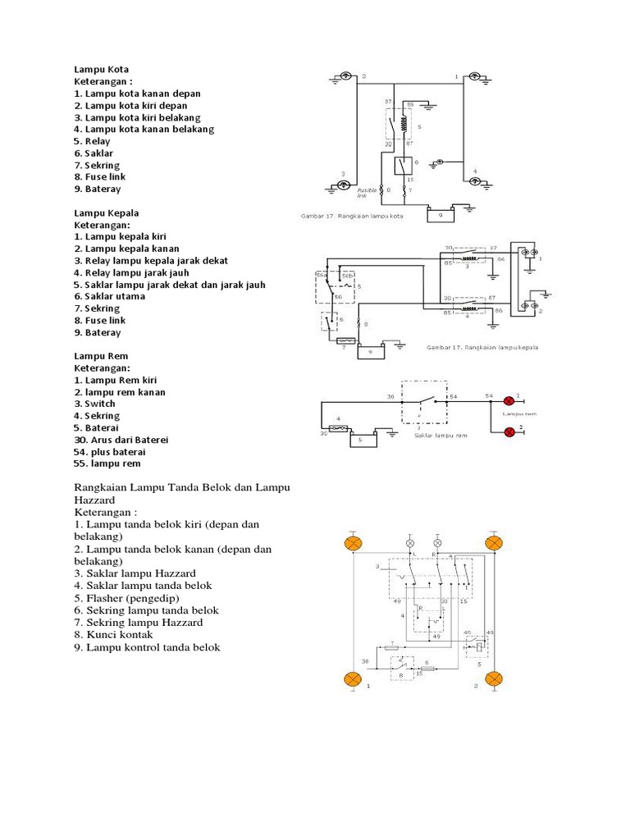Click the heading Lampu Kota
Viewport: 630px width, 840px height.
[102, 70]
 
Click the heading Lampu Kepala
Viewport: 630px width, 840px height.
[108, 212]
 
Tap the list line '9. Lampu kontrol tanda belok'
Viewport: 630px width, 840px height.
[147, 647]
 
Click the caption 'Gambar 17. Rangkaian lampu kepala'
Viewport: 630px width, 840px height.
[482, 347]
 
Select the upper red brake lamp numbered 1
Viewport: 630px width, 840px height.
[509, 400]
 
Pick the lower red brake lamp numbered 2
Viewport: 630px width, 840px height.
[509, 431]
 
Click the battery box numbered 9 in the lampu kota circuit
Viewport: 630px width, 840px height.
[441, 215]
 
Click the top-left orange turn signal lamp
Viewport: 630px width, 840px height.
[354, 544]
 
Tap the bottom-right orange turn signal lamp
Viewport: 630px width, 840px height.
[494, 678]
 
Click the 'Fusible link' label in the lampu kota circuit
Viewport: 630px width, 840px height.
[367, 193]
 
